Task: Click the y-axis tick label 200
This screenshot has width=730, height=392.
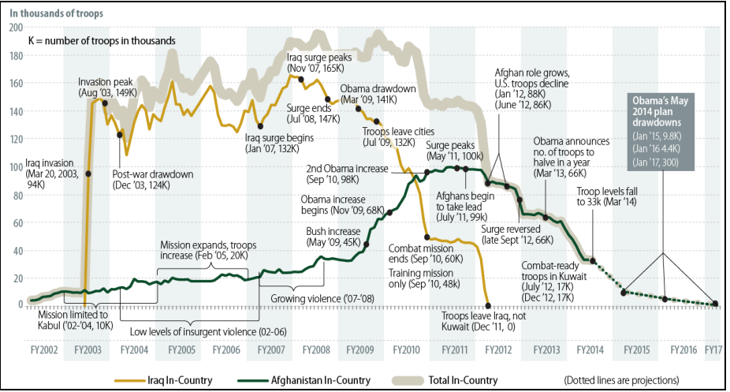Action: click(14, 28)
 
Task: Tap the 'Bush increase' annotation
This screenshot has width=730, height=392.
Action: click(333, 237)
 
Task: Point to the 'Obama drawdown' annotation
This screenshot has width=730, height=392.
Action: click(378, 94)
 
